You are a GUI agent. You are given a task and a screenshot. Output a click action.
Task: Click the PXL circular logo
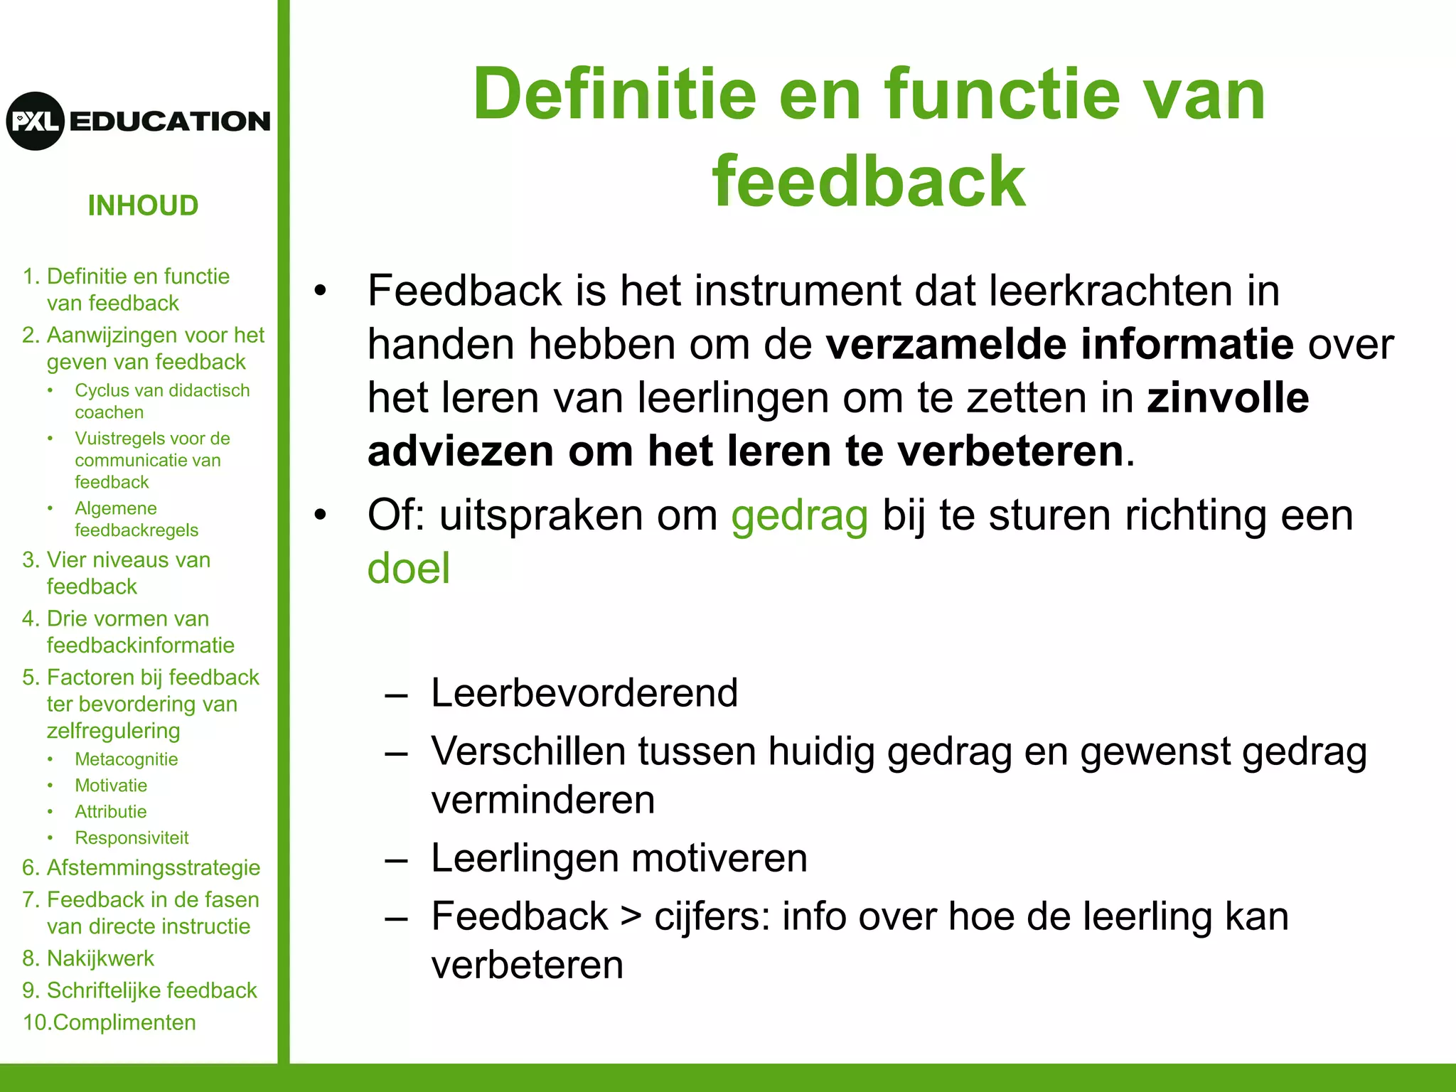pos(36,121)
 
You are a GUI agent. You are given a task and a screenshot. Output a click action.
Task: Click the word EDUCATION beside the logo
pos(170,122)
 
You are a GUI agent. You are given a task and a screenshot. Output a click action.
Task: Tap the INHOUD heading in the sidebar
pos(143,205)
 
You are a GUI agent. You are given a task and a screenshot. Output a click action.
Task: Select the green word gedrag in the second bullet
pos(799,515)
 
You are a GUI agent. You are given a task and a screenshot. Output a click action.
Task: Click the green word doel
pos(409,569)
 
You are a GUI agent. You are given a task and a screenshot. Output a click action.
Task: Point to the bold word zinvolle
pos(1227,397)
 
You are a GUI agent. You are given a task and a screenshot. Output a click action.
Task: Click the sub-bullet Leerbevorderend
pos(584,692)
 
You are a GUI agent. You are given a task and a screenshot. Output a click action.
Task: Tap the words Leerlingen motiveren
pos(619,858)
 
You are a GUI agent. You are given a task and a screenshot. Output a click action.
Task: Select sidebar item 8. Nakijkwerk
pos(88,958)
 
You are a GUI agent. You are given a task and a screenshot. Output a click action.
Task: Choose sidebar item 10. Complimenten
pos(109,1022)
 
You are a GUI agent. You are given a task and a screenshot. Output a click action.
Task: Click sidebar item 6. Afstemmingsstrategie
pos(141,867)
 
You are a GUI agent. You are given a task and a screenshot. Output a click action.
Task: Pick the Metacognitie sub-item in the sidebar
pos(127,759)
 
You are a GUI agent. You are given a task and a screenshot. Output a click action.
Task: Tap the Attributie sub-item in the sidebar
pos(111,812)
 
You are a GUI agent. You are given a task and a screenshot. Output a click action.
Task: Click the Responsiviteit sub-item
pos(132,838)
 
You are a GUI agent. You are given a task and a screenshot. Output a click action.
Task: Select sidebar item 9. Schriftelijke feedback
pos(139,990)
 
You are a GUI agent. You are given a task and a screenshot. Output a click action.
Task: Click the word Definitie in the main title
pos(615,95)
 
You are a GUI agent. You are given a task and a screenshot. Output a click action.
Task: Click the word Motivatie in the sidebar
pos(111,786)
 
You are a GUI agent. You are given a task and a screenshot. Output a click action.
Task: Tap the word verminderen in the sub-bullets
pos(542,801)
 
